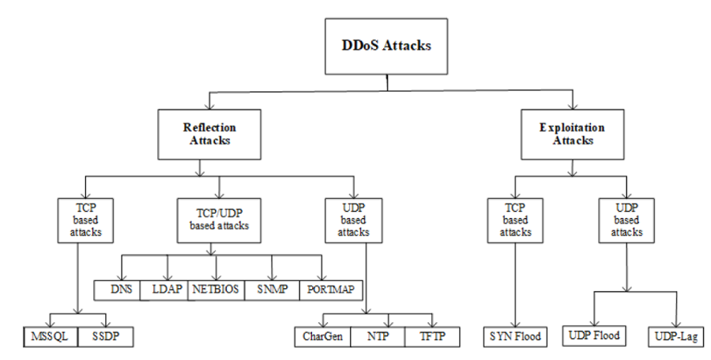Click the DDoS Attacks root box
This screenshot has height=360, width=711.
point(386,47)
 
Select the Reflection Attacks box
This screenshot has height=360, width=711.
point(209,134)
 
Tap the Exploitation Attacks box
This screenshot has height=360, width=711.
point(572,134)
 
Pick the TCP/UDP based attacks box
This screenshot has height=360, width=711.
point(219,220)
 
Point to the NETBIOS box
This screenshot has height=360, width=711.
point(216,291)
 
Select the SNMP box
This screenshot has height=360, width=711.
point(272,291)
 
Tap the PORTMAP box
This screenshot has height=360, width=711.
point(331,291)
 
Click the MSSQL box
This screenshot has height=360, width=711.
point(51,337)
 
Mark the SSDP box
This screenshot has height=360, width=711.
point(106,337)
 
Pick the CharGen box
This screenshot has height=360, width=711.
point(322,337)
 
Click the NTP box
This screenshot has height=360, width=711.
point(378,337)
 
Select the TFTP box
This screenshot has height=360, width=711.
point(432,337)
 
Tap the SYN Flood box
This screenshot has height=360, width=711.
point(515,337)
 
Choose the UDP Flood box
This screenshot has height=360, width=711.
point(594,336)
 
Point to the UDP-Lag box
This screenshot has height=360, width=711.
point(676,337)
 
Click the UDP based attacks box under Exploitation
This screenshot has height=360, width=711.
point(626,220)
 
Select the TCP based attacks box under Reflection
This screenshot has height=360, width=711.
point(85,220)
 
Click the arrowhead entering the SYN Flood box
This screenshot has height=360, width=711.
point(515,324)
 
